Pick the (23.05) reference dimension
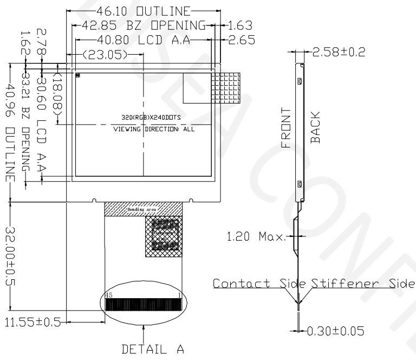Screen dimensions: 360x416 tap(105, 54)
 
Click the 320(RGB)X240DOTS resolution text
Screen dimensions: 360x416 tap(143, 118)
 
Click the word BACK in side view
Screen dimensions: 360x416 tap(315, 127)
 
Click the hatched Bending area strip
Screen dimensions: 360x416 tap(144, 209)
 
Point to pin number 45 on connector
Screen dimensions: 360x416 tap(109, 295)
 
